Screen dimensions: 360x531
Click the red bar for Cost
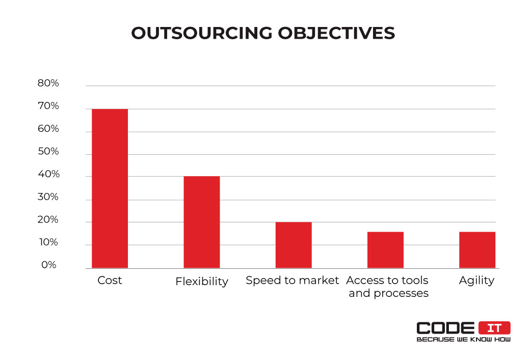(x=110, y=188)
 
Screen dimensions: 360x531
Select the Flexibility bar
(x=202, y=222)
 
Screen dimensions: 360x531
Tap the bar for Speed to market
(x=294, y=245)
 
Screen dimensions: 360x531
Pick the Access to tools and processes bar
(x=385, y=250)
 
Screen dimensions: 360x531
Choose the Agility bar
(x=477, y=250)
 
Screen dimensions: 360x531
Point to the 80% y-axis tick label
(x=48, y=84)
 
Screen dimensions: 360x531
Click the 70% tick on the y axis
(x=48, y=106)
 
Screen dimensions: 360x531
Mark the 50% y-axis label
(x=48, y=152)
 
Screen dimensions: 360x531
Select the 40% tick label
(x=48, y=174)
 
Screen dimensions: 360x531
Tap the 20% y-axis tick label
(x=48, y=220)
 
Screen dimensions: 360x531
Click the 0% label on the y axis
(x=48, y=265)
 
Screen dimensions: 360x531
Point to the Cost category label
(x=110, y=281)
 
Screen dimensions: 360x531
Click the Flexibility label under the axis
(x=202, y=282)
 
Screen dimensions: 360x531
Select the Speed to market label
(x=292, y=281)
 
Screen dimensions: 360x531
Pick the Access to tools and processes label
(x=388, y=287)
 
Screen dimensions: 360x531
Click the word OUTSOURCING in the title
(x=201, y=33)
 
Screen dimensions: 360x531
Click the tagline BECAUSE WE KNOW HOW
(x=463, y=339)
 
